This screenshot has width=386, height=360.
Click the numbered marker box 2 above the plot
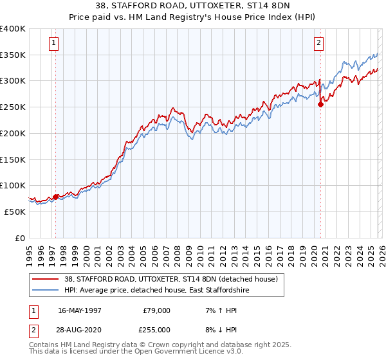(318, 44)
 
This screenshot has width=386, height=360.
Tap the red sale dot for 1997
(55, 197)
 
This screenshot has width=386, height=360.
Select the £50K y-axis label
(14, 212)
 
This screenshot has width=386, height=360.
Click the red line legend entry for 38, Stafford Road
(170, 279)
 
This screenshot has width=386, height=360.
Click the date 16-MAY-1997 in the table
(80, 310)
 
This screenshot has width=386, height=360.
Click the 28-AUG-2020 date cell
(80, 329)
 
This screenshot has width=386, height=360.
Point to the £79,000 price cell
(156, 310)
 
